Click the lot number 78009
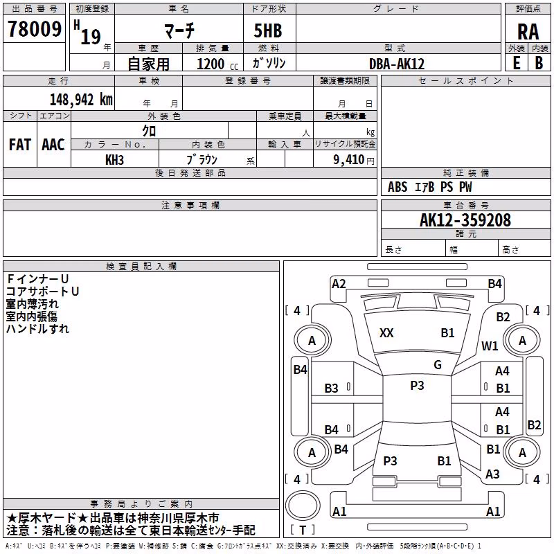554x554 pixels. click(35, 29)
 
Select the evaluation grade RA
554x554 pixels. click(528, 32)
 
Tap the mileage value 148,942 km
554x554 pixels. click(81, 100)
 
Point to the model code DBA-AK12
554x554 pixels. click(397, 64)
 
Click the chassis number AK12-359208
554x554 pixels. click(465, 220)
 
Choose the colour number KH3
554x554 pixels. click(114, 160)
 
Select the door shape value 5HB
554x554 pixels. click(268, 30)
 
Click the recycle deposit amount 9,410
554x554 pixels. click(349, 159)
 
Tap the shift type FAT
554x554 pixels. click(20, 145)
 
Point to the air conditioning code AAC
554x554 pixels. click(53, 145)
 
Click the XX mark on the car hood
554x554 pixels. click(386, 333)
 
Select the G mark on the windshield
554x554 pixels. click(438, 364)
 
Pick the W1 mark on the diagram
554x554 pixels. click(490, 346)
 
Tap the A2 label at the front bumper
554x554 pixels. click(339, 284)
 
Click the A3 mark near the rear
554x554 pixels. click(492, 474)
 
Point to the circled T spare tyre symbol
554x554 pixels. click(303, 506)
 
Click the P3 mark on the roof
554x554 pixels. click(417, 385)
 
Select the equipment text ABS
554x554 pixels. click(397, 187)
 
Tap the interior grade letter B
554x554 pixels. click(539, 63)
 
